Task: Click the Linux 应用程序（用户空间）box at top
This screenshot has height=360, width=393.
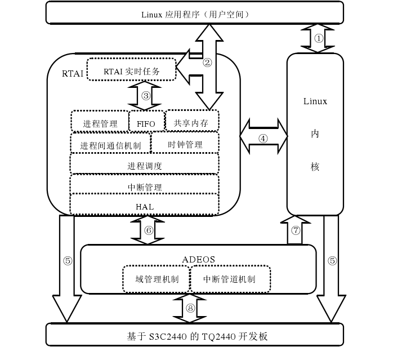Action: [194, 13]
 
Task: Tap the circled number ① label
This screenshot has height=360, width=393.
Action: [319, 39]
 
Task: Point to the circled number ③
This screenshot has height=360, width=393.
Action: [145, 95]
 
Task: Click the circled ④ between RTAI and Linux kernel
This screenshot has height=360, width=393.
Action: [263, 138]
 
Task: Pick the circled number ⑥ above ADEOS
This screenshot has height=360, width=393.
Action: [148, 230]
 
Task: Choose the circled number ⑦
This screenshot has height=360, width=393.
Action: [296, 230]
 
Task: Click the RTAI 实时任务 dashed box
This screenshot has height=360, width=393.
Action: [131, 71]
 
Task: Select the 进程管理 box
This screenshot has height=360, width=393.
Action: [100, 123]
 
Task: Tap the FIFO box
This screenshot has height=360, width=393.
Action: [146, 123]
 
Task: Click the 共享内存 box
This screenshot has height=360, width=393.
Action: [192, 121]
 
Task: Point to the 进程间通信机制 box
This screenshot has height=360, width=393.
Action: [111, 144]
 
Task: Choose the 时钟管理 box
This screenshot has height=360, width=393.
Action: [185, 144]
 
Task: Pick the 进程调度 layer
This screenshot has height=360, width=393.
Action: [145, 165]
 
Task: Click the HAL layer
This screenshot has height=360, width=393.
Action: [145, 206]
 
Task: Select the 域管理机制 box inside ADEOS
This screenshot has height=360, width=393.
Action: [155, 278]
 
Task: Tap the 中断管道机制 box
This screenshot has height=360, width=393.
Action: [229, 278]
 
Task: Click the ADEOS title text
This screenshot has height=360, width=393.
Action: [199, 259]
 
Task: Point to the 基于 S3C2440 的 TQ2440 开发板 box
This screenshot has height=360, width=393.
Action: [194, 336]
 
